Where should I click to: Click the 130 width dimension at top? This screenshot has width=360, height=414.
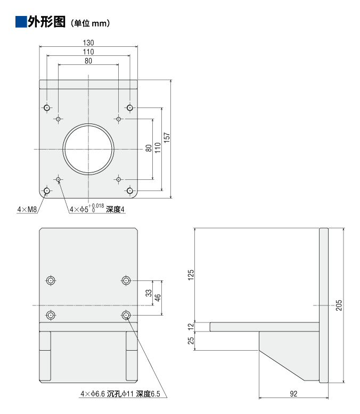pos(88,42)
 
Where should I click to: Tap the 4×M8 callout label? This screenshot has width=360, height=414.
pos(26,209)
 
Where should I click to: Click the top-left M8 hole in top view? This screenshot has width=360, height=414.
pos(47,108)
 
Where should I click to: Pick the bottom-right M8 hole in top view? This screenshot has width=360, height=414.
pos(129,190)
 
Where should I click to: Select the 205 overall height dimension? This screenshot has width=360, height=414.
pos(339,305)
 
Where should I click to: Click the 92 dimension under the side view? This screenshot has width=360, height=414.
pos(293,394)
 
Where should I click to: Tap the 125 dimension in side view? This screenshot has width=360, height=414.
pos(191,275)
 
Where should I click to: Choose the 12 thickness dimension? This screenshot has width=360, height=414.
pos(191,326)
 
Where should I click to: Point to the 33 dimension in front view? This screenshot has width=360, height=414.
pos(150,293)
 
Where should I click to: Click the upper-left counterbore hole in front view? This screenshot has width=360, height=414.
pos(51,280)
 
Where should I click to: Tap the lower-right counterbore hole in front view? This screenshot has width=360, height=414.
pos(126,315)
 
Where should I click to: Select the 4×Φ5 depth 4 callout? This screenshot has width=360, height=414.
pos(97,209)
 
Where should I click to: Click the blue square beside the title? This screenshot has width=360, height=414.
pos(21,22)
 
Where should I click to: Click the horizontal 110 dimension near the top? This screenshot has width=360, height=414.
pos(88,52)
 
